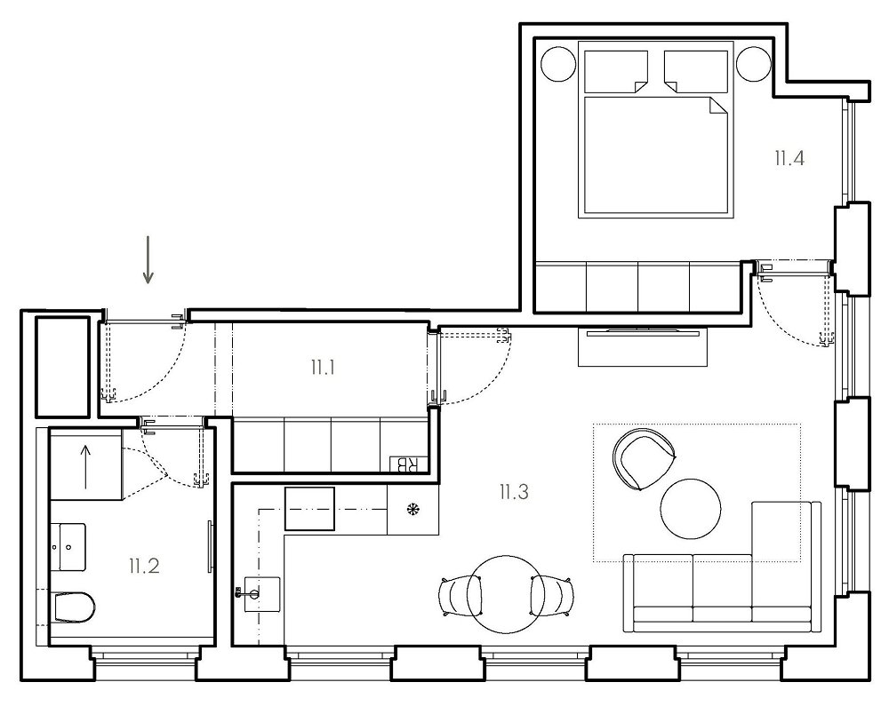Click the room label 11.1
323,368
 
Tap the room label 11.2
144,566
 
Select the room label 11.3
514,492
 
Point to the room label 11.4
789,158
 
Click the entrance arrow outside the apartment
148,259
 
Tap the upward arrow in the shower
85,466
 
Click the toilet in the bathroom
75,607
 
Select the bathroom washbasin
69,547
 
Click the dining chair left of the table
461,596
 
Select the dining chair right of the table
550,596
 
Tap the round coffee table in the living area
691,509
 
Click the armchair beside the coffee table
644,459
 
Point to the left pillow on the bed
616,72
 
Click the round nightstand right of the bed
754,63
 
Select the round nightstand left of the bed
558,63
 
